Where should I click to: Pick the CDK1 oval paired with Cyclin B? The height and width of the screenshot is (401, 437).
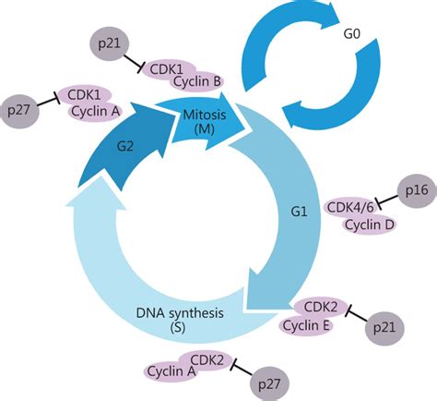[166, 69]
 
